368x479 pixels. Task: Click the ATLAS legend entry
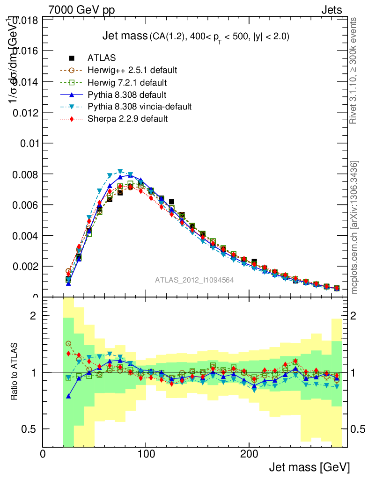coord(102,58)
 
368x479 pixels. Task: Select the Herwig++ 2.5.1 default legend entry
coord(132,70)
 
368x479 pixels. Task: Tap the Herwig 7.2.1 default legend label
coord(127,82)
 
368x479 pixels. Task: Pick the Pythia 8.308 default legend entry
coord(127,94)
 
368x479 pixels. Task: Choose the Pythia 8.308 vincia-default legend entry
coord(140,107)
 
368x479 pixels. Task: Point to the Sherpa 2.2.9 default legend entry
coord(127,119)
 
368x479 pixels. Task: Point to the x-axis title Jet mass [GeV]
coord(309,467)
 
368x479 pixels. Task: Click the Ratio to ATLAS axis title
coord(15,372)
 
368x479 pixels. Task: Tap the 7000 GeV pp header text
coord(81,10)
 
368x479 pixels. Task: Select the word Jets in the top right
coord(331,10)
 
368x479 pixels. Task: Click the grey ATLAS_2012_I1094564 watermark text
coord(194,280)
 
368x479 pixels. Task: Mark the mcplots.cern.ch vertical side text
coord(354,227)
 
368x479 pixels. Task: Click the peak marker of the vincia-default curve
coord(120,171)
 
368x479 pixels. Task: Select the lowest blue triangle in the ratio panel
coord(68,396)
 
